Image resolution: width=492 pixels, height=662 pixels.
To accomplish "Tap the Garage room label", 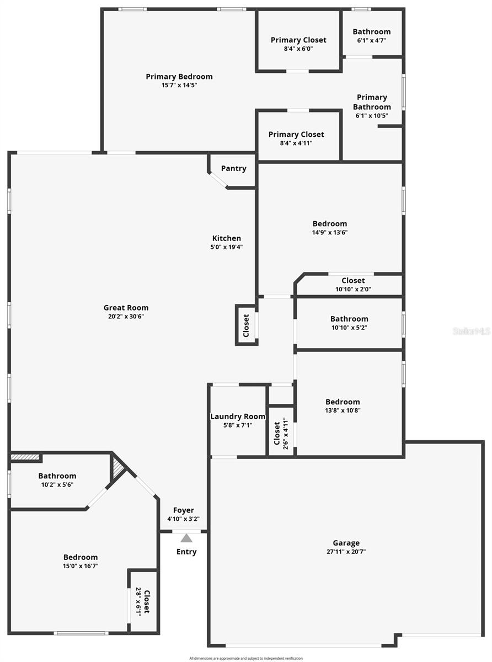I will pos(346,543).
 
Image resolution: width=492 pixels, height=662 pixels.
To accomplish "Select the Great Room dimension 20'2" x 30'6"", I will pos(126,316).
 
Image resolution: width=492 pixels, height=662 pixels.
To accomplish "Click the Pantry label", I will pos(233,168).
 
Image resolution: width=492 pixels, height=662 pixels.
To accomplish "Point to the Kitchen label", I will pos(227,238).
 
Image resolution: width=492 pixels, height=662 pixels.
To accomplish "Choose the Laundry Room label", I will pos(238,417).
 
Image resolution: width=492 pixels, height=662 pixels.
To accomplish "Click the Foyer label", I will pos(183,510).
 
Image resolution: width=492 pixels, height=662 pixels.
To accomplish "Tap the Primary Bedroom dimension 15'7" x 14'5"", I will pos(179,85).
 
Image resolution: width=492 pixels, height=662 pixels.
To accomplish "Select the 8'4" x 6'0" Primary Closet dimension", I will pos(298,49).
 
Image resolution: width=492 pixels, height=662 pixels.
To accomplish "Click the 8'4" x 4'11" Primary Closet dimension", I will pos(296,143).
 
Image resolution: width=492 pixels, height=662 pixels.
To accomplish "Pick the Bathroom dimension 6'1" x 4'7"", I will pos(371,40).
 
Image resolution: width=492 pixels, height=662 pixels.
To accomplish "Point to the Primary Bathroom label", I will pos(372,102).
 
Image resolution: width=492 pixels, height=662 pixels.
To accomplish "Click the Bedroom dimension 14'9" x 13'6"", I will pos(330,232).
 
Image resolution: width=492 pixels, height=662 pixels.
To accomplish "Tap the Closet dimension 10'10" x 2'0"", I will pos(353,289).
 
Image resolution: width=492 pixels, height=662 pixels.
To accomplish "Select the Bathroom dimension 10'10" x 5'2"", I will pos(349,327).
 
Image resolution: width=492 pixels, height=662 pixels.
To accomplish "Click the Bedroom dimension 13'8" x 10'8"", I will pos(343,410).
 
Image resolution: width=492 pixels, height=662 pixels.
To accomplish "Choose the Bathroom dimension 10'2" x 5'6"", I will pos(57,484).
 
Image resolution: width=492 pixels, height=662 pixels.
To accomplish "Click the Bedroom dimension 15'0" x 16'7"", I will pos(81,566).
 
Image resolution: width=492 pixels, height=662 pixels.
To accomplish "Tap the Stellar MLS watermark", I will pos(471,331).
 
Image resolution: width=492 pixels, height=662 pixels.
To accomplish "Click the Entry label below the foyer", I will pos(186,552).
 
